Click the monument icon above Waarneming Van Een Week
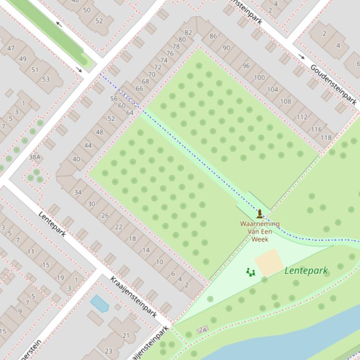click(x=260, y=214)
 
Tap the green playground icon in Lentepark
click(x=250, y=272)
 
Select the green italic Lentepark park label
click(x=306, y=270)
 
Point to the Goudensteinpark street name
click(x=333, y=85)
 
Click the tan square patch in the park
click(x=269, y=262)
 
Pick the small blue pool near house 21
click(x=100, y=304)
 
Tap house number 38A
click(x=35, y=157)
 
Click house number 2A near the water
click(x=202, y=330)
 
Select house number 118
click(x=326, y=137)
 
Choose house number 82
click(x=188, y=33)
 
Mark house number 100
click(x=259, y=78)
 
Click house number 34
click(x=78, y=192)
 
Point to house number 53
click(x=45, y=79)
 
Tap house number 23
click(x=109, y=351)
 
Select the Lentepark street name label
click(x=52, y=224)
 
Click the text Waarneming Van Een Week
click(x=260, y=231)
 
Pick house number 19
click(x=60, y=277)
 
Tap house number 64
click(x=130, y=113)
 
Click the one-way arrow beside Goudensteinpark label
click(x=301, y=57)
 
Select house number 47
click(x=11, y=48)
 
